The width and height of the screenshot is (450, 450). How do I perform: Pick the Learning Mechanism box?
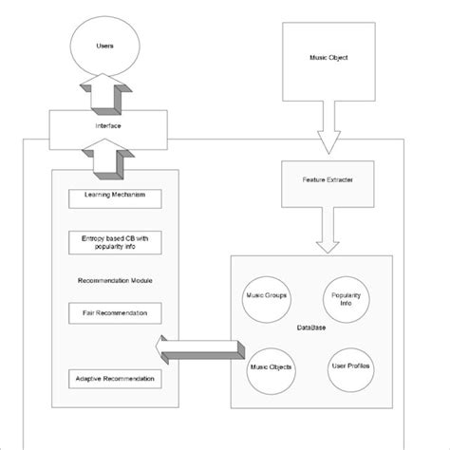pos(114,197)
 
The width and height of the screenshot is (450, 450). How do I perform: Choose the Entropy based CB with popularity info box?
pos(114,243)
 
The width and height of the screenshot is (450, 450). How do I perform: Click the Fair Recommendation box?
pos(114,312)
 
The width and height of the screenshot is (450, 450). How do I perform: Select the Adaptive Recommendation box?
pos(114,379)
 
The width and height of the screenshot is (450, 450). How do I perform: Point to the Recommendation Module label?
pos(114,280)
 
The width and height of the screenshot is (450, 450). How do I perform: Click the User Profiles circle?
pos(351,366)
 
